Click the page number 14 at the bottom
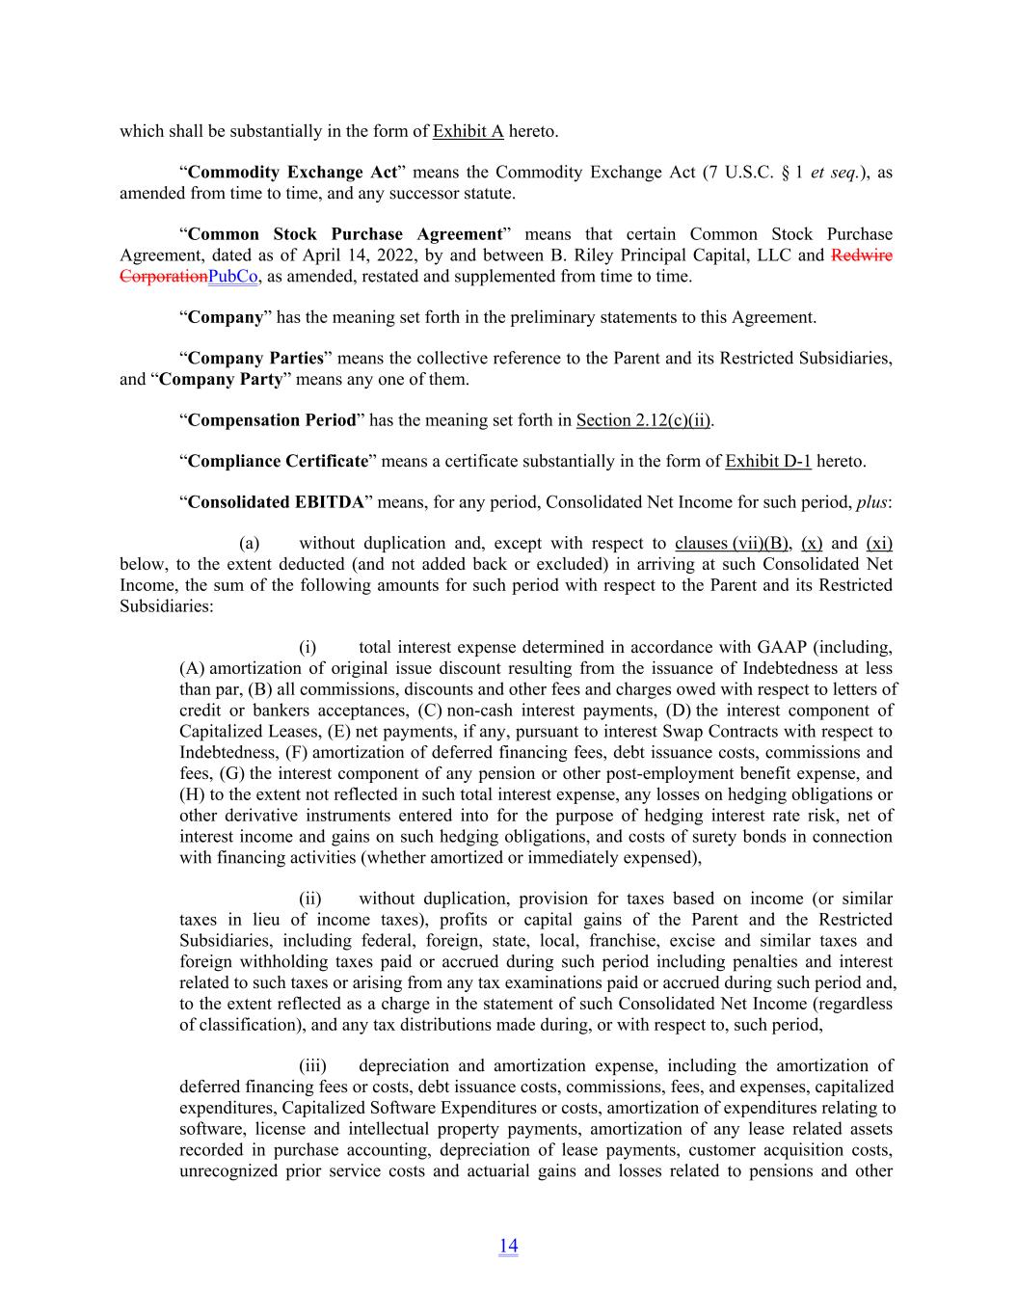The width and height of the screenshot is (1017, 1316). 508,1246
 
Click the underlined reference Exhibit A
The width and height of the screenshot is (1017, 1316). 468,131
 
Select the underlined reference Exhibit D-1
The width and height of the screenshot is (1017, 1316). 767,461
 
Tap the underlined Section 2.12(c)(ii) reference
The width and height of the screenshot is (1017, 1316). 644,419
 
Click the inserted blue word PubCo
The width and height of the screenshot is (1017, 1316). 233,277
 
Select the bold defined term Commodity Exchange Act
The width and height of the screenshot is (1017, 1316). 292,173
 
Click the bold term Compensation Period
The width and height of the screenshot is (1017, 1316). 272,419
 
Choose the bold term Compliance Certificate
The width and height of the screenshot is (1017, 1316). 278,461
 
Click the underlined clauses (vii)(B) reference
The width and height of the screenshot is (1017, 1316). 733,544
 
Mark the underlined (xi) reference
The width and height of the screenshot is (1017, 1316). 879,544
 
